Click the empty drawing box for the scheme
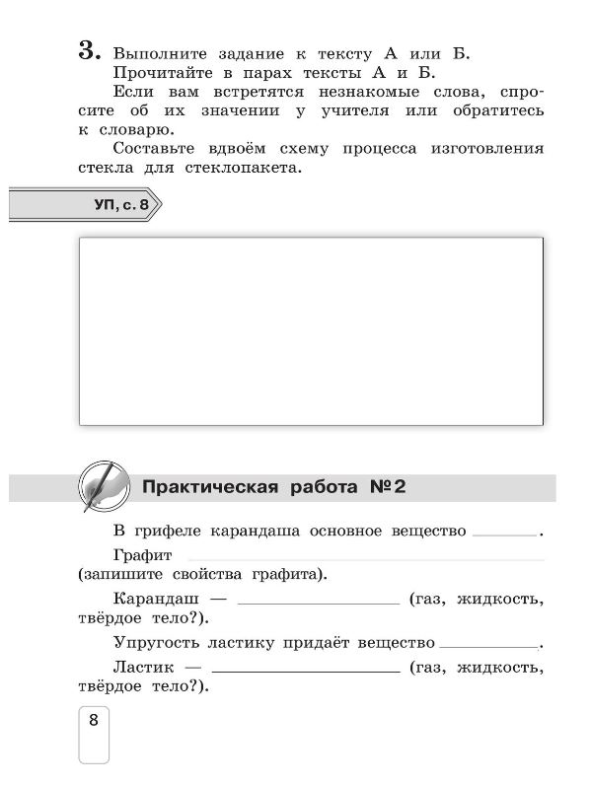tap(311, 330)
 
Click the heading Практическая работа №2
tap(274, 487)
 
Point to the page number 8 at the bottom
tap(94, 720)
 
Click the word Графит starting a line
tap(143, 555)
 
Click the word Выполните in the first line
tap(156, 53)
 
